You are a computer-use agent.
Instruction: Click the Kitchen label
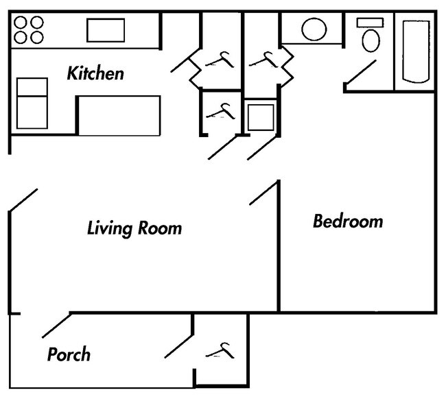[95, 73]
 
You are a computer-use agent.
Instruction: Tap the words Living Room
[134, 228]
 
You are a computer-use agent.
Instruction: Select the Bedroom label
[348, 221]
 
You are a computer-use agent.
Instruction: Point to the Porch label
[69, 354]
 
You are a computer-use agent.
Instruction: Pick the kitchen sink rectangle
[105, 30]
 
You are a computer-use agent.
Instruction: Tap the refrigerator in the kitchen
[32, 103]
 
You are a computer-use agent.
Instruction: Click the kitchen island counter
[119, 114]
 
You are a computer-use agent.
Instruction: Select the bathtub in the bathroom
[415, 51]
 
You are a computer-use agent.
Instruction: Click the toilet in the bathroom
[371, 40]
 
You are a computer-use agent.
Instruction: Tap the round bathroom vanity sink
[314, 29]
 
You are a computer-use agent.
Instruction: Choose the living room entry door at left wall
[23, 200]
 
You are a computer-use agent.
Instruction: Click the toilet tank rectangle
[366, 23]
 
